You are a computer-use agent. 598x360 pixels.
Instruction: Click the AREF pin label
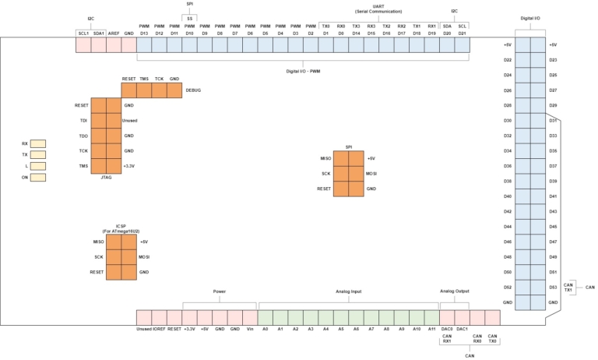(114, 34)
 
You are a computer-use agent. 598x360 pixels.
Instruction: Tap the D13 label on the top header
(144, 34)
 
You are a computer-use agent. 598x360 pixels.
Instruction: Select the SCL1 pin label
(83, 34)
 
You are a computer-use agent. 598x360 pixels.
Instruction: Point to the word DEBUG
(194, 90)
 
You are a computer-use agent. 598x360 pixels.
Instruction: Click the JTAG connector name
(106, 178)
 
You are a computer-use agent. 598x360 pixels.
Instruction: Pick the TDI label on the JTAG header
(83, 121)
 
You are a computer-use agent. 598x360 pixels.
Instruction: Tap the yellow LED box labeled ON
(38, 178)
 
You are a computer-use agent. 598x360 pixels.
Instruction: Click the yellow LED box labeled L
(38, 166)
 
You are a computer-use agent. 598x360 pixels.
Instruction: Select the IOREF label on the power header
(160, 330)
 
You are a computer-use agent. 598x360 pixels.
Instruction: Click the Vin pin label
(249, 330)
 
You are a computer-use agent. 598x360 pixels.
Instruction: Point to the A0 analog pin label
(265, 330)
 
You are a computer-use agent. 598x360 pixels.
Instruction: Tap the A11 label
(431, 330)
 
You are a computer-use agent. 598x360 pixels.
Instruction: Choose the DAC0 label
(447, 330)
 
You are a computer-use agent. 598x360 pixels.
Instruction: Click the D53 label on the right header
(553, 288)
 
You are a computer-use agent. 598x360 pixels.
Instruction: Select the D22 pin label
(507, 60)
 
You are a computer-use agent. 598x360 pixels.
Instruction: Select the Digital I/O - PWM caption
(303, 72)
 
